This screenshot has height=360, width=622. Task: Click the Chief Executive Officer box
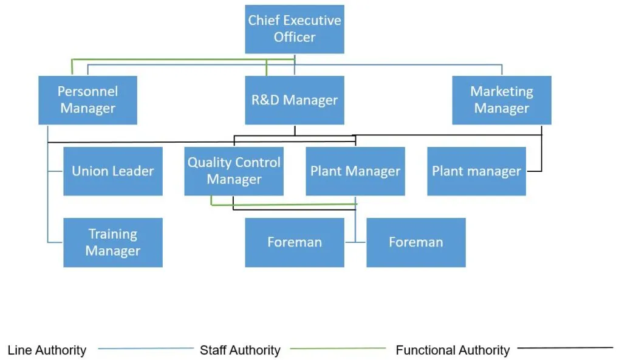click(295, 29)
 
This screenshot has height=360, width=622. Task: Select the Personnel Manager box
click(87, 100)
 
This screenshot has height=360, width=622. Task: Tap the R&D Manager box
click(295, 100)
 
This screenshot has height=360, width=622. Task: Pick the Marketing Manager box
click(502, 100)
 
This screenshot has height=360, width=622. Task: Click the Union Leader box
click(113, 171)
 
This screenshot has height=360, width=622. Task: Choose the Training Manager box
click(113, 242)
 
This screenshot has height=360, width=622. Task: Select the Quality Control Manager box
click(234, 171)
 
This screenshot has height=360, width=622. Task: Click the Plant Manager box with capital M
click(355, 171)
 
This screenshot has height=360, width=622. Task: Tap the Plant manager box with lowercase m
click(476, 171)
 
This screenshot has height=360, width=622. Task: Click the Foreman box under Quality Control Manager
click(295, 242)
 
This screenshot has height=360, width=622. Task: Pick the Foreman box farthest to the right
click(416, 242)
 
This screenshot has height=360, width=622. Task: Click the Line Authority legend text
click(47, 350)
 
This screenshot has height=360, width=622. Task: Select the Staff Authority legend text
click(240, 350)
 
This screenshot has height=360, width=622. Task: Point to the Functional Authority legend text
click(453, 350)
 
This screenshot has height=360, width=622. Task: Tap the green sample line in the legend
click(338, 348)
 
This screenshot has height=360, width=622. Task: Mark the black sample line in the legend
click(565, 348)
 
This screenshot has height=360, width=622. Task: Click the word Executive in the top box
click(313, 20)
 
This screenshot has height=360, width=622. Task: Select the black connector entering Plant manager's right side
click(534, 171)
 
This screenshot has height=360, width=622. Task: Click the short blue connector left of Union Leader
click(55, 171)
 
